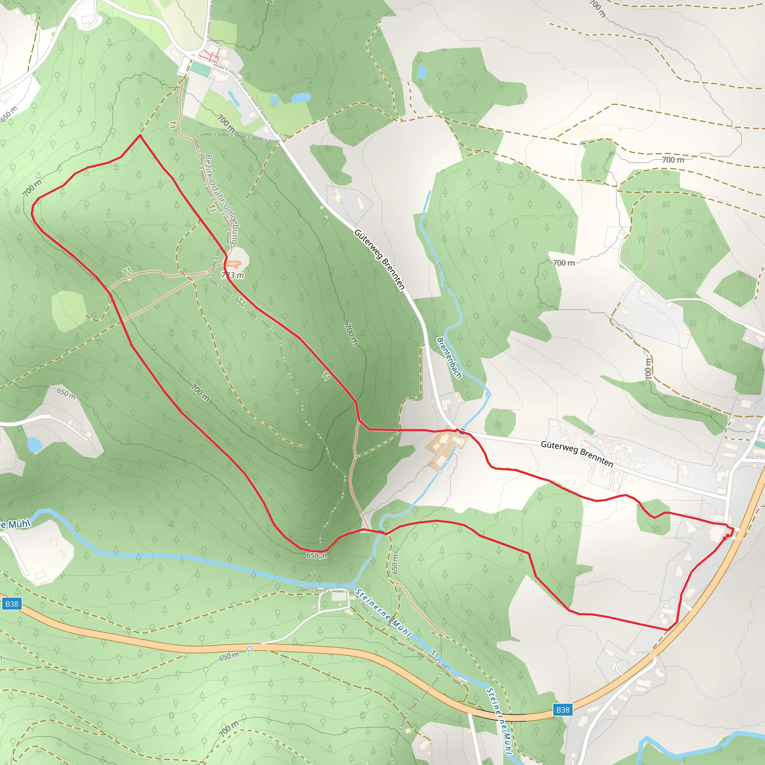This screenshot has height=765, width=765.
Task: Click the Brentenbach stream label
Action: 449,358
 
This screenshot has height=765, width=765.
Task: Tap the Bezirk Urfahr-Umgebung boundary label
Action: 222,199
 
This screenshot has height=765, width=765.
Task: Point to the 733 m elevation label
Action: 233,275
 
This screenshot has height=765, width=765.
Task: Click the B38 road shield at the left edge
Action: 12,604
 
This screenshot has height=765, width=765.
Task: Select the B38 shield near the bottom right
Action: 563,710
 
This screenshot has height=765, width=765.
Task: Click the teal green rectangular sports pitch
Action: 200,70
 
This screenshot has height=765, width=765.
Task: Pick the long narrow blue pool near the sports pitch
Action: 233,99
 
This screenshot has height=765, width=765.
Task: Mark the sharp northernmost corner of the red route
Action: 140,136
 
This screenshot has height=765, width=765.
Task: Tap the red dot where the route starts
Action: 728,536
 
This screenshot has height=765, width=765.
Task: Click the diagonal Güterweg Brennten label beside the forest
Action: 380,259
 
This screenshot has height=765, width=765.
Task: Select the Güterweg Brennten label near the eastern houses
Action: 577,454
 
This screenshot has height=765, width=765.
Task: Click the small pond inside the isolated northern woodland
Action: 422,72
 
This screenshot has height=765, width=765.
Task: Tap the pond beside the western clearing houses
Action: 34,445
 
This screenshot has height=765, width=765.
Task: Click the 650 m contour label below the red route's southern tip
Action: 317,555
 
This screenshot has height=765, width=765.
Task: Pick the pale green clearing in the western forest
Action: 68,311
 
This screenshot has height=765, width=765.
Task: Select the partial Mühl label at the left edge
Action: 15,525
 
